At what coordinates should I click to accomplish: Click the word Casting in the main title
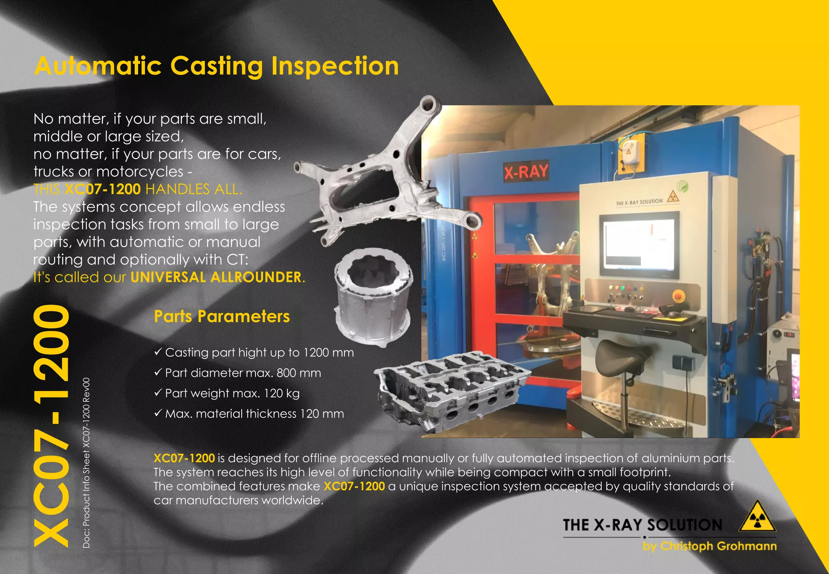click(x=217, y=66)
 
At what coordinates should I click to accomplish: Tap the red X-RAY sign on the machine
click(x=526, y=172)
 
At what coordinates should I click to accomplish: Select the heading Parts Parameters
click(x=222, y=316)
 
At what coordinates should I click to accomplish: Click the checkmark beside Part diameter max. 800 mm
click(x=158, y=372)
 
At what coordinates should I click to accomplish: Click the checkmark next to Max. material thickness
click(x=158, y=413)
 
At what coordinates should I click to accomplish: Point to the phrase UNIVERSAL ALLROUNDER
click(x=216, y=277)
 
